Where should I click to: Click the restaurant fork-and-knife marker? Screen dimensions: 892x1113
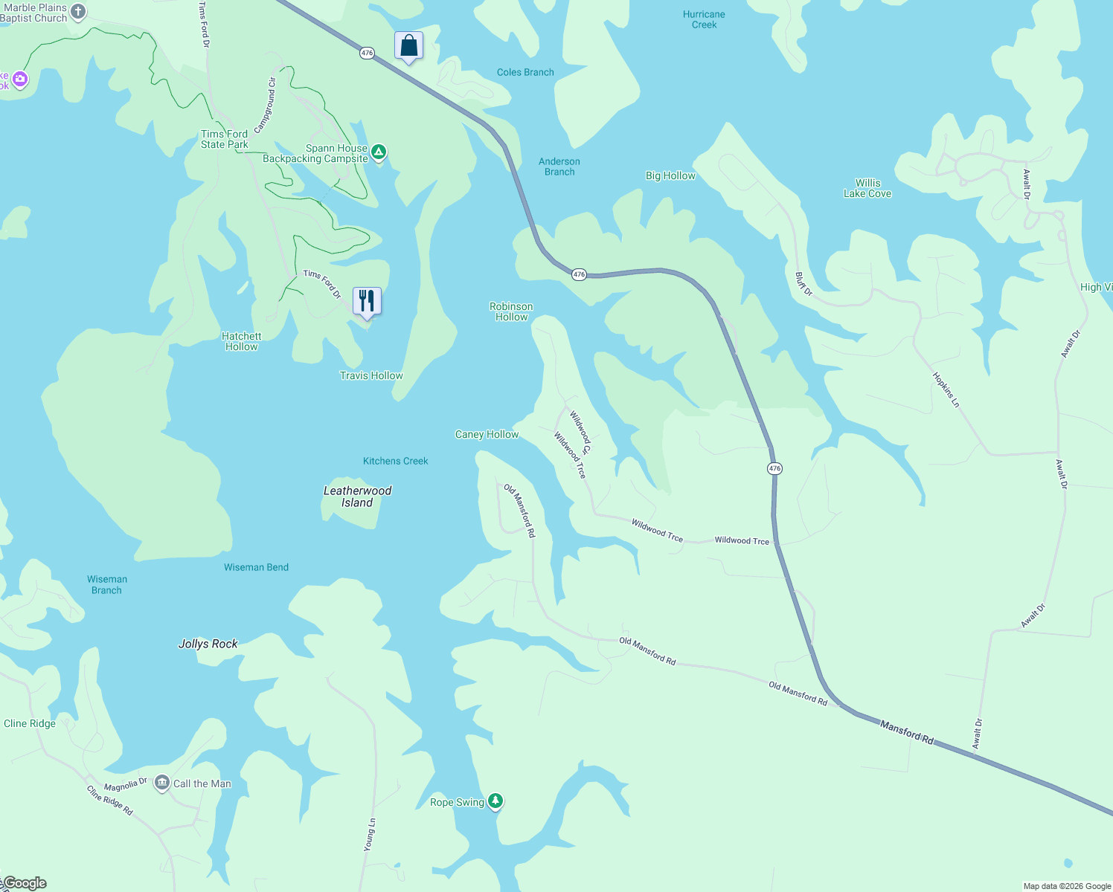(367, 301)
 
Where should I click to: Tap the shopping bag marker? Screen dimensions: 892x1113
(408, 46)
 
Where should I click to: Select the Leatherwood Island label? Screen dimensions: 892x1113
(357, 497)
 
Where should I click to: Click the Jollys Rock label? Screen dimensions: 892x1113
(208, 644)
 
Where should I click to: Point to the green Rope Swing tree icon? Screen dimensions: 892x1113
(495, 801)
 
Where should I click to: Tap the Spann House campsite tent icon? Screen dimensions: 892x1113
(379, 153)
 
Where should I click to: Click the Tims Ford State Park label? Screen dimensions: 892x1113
(224, 139)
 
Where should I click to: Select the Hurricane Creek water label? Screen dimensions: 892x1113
(704, 19)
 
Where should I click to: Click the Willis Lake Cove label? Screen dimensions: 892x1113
(867, 188)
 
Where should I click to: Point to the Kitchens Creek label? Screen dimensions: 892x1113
(395, 461)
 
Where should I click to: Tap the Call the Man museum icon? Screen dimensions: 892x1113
(162, 783)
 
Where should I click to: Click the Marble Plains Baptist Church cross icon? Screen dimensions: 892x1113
(78, 12)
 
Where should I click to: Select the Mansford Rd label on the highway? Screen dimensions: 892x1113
(906, 732)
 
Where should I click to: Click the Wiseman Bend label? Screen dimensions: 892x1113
(256, 567)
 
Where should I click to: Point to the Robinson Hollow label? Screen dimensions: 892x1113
(511, 311)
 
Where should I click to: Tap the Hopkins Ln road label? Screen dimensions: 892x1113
(946, 390)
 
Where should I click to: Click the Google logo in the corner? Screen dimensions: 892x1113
(25, 883)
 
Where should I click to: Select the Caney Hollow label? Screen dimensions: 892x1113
(487, 434)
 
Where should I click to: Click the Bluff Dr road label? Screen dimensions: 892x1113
(804, 284)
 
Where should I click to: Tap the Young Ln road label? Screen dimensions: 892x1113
(371, 834)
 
